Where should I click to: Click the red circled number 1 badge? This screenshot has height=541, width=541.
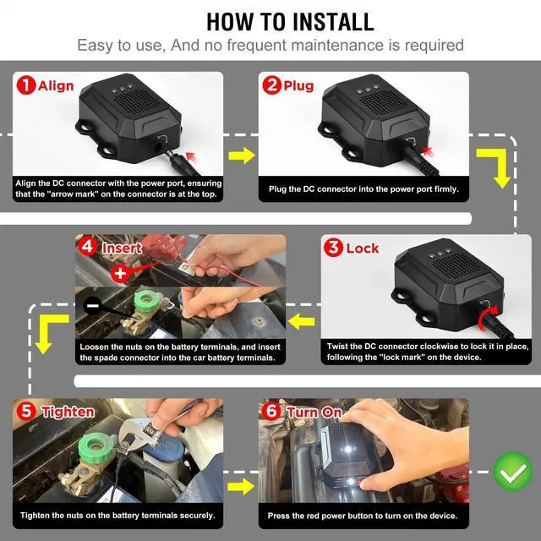[26, 85]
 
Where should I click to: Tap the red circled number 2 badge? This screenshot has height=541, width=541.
[272, 85]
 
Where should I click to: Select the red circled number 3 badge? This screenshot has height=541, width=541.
[333, 248]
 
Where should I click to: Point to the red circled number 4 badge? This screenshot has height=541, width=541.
[88, 247]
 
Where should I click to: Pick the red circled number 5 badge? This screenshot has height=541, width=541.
[26, 411]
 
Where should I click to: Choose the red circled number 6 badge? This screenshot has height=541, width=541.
[271, 411]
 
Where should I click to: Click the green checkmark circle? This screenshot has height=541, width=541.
[513, 472]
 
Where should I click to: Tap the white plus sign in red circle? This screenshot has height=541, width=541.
[120, 273]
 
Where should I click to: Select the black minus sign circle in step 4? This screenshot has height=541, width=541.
[92, 306]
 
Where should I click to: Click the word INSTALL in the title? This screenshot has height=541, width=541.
[333, 22]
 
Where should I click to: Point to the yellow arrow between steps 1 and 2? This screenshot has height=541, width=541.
[242, 156]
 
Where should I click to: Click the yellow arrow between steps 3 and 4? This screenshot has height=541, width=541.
[301, 321]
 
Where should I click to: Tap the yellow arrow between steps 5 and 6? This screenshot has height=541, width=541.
[241, 486]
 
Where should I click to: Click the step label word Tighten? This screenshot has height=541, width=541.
[68, 412]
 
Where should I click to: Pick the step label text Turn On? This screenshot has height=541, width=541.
[314, 412]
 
